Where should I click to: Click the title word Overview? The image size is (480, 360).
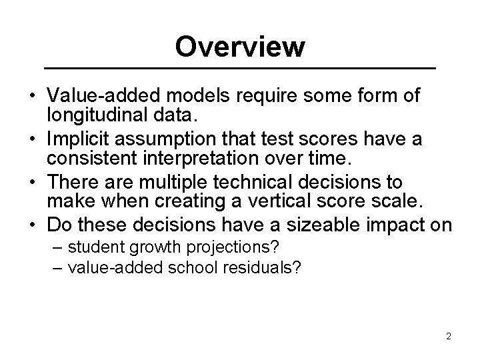(x=240, y=47)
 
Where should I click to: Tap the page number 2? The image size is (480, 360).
(x=449, y=336)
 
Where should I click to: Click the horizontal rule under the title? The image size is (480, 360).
(x=240, y=69)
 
